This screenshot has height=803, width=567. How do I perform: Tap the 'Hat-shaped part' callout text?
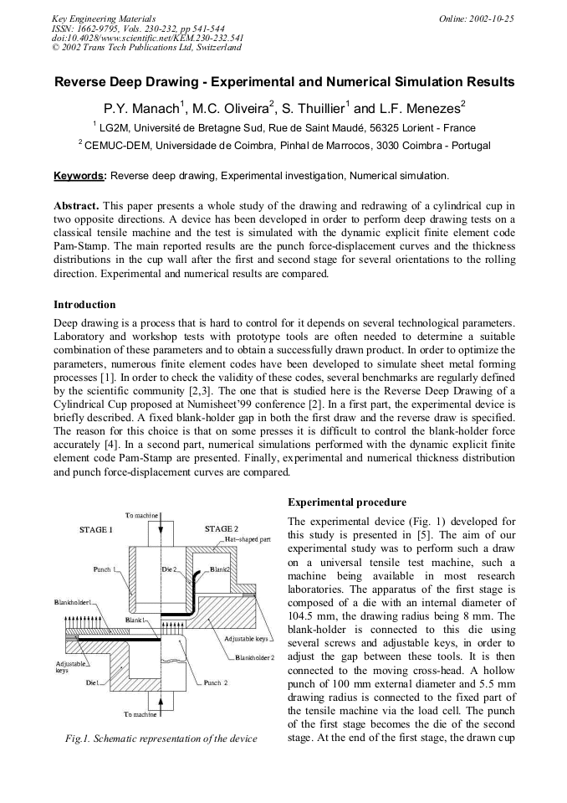(x=247, y=540)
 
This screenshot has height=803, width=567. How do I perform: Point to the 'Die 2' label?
(x=169, y=569)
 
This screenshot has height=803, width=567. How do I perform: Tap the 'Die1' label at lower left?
(x=92, y=683)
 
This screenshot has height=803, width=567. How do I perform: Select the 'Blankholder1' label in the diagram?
(x=73, y=601)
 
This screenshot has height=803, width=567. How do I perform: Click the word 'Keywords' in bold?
(x=79, y=176)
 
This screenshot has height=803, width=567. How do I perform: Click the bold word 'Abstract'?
(x=76, y=205)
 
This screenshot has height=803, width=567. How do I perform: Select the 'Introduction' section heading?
(x=84, y=305)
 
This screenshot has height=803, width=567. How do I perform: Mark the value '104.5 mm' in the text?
(x=309, y=613)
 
